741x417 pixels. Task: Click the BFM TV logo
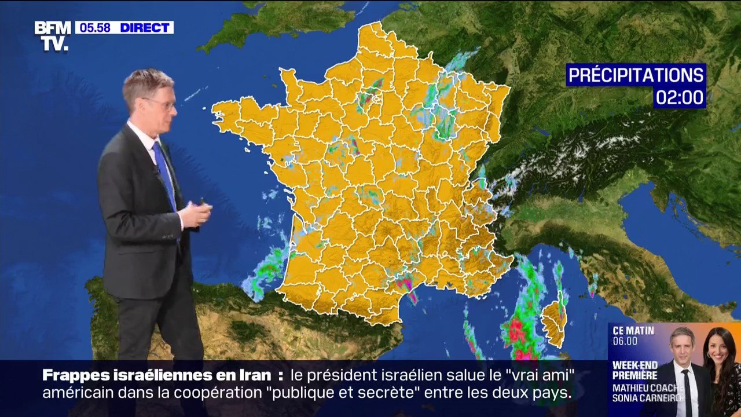tap(52, 35)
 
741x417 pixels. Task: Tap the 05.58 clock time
tap(95, 28)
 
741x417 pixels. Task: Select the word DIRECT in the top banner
tap(145, 28)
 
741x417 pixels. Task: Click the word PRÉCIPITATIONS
tap(636, 75)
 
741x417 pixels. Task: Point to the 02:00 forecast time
tap(680, 97)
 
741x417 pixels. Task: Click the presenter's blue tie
tap(166, 171)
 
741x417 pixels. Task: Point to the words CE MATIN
tap(633, 331)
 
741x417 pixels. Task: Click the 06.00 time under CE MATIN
tap(625, 341)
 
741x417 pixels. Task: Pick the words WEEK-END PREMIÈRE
tap(635, 370)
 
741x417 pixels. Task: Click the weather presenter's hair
tap(148, 81)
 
